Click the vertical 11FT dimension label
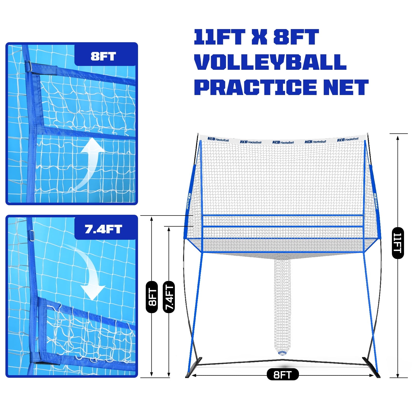tap(398, 243)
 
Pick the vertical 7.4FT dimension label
tap(169, 297)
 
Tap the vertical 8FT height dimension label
tap(152, 297)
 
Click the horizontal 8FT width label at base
tap(282, 374)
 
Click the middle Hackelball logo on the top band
tap(283, 142)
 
